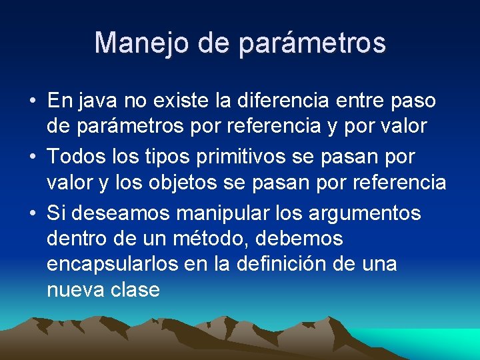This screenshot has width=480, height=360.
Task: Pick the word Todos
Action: [x=77, y=157]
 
